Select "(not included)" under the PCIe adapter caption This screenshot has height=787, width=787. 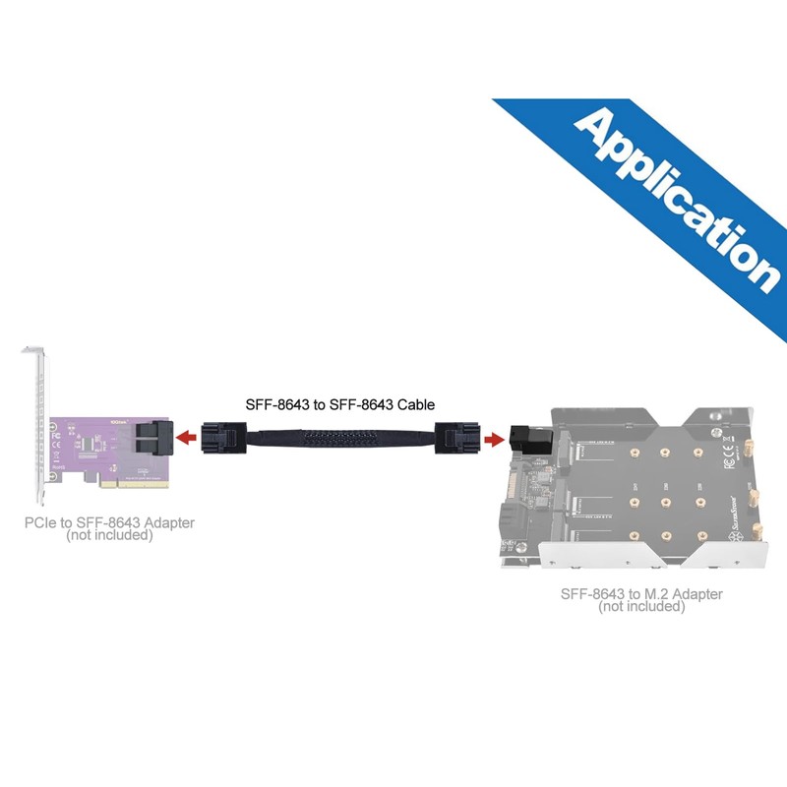click(x=109, y=536)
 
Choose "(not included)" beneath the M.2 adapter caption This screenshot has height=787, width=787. click(x=641, y=607)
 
